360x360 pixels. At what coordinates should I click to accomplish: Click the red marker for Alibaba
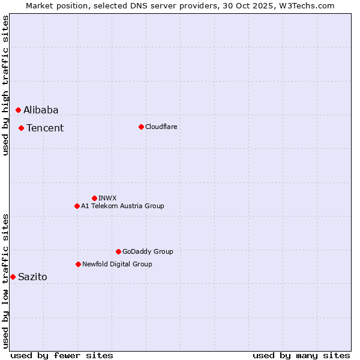18,110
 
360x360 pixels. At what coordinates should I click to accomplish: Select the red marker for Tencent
21,128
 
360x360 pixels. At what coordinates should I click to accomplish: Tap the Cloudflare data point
141,127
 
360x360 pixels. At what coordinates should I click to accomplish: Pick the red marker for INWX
94,198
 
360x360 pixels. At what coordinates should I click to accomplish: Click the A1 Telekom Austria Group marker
77,206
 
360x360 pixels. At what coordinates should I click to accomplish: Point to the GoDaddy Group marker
118,251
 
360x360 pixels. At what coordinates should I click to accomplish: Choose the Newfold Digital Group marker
78,264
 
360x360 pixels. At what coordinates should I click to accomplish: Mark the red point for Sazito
13,277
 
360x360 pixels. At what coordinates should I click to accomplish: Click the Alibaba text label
41,110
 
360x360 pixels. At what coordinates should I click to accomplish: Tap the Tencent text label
45,128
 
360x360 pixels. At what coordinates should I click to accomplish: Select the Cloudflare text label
161,127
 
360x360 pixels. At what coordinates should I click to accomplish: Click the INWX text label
107,198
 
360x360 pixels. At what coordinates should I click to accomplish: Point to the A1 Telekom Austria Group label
122,206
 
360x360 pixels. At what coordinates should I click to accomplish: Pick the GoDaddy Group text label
148,251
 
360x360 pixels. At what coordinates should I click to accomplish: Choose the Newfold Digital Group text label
117,264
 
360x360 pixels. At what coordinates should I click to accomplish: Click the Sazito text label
32,277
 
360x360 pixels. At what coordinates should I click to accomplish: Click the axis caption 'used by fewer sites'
62,355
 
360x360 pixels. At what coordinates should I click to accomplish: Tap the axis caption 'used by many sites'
301,355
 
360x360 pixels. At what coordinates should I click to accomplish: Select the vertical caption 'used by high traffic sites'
5,85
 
